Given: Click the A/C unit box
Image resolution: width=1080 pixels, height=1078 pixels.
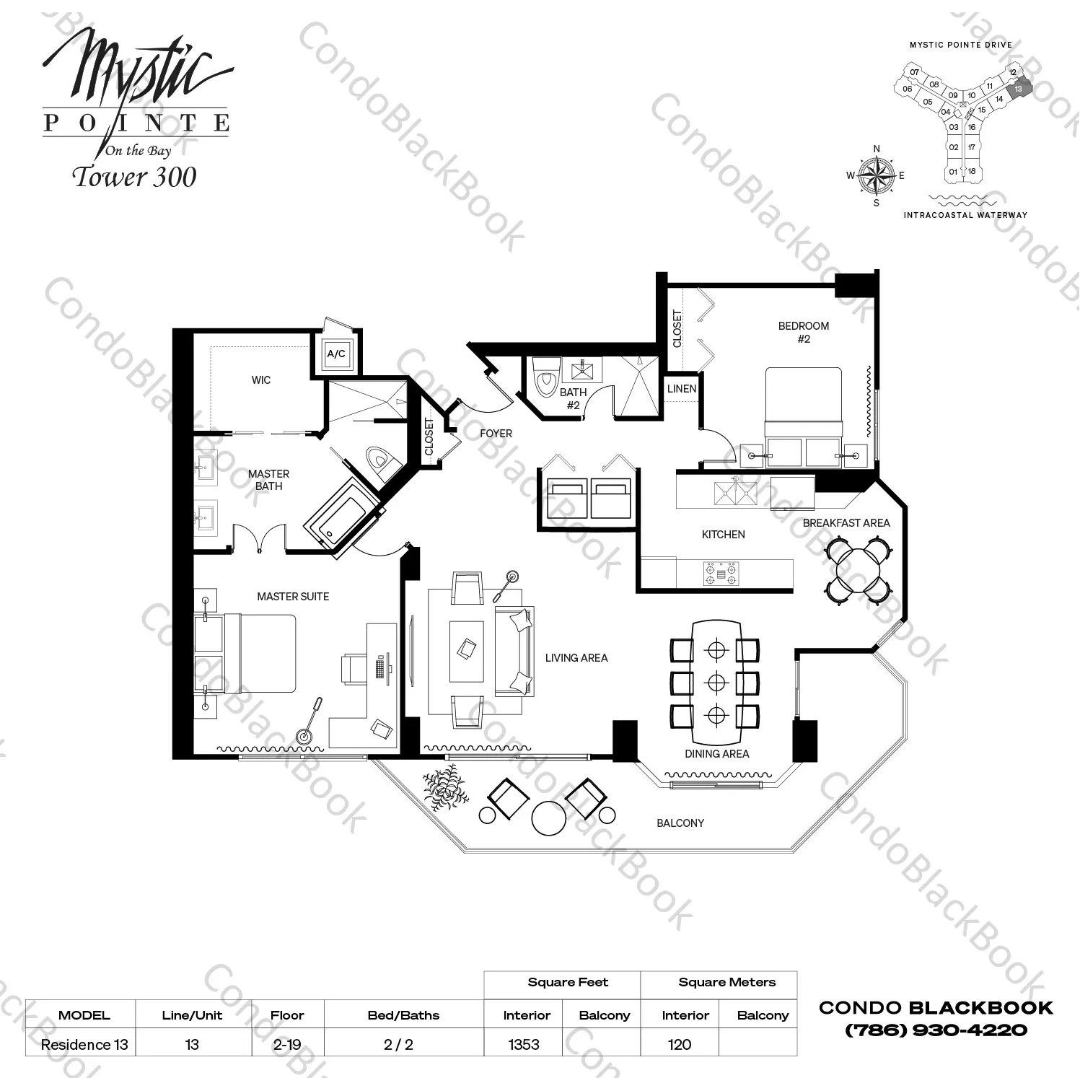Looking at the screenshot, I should pos(336,354).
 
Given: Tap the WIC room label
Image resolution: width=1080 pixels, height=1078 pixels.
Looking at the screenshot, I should pos(261,380).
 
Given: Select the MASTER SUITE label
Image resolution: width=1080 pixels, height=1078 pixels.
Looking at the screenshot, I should pos(293,597).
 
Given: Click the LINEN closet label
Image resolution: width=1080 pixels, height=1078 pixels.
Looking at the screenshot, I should pos(681,389).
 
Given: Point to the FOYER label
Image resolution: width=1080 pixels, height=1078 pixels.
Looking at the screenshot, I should pos(496,434).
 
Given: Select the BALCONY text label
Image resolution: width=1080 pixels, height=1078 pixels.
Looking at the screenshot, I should pos(680,823).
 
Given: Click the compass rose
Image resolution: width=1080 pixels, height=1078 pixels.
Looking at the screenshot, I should pos(877,175).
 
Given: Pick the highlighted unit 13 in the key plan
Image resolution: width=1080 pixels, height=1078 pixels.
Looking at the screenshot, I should pos(1019,89).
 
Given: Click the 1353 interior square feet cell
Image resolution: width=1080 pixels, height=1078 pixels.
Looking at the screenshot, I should pos(524,1044).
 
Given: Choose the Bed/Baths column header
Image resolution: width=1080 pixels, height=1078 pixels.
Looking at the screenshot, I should pos(403,1015).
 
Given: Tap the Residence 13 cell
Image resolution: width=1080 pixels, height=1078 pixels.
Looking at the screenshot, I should pos(84,1044).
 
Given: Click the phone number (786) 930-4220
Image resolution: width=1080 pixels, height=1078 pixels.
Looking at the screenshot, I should pos(936,1030).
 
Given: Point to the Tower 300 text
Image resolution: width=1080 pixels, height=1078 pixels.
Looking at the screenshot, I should pos(135,177).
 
